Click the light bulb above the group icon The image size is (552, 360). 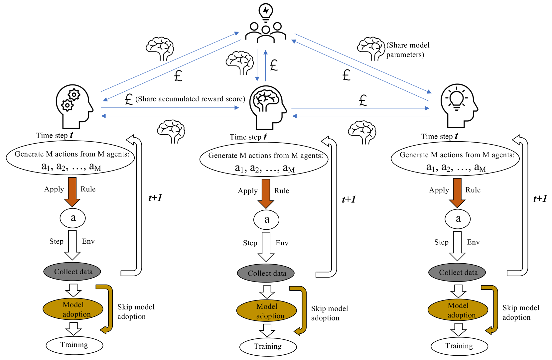[266, 12]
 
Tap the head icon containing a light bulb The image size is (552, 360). [459, 106]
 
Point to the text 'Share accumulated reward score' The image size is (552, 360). [190, 99]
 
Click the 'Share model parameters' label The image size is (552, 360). [408, 50]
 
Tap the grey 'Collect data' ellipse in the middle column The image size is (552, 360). [266, 273]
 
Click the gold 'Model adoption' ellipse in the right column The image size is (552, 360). [458, 310]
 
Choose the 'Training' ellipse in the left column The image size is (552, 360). [74, 345]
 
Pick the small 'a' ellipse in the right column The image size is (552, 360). [458, 219]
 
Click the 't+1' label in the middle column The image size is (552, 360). [349, 199]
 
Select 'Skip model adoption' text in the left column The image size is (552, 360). [136, 311]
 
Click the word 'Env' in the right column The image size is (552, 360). [473, 242]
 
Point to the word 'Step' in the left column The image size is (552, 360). [57, 241]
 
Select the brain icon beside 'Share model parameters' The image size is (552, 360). [371, 48]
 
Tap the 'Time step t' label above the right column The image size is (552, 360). [439, 136]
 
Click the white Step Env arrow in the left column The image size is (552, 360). [72, 245]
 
